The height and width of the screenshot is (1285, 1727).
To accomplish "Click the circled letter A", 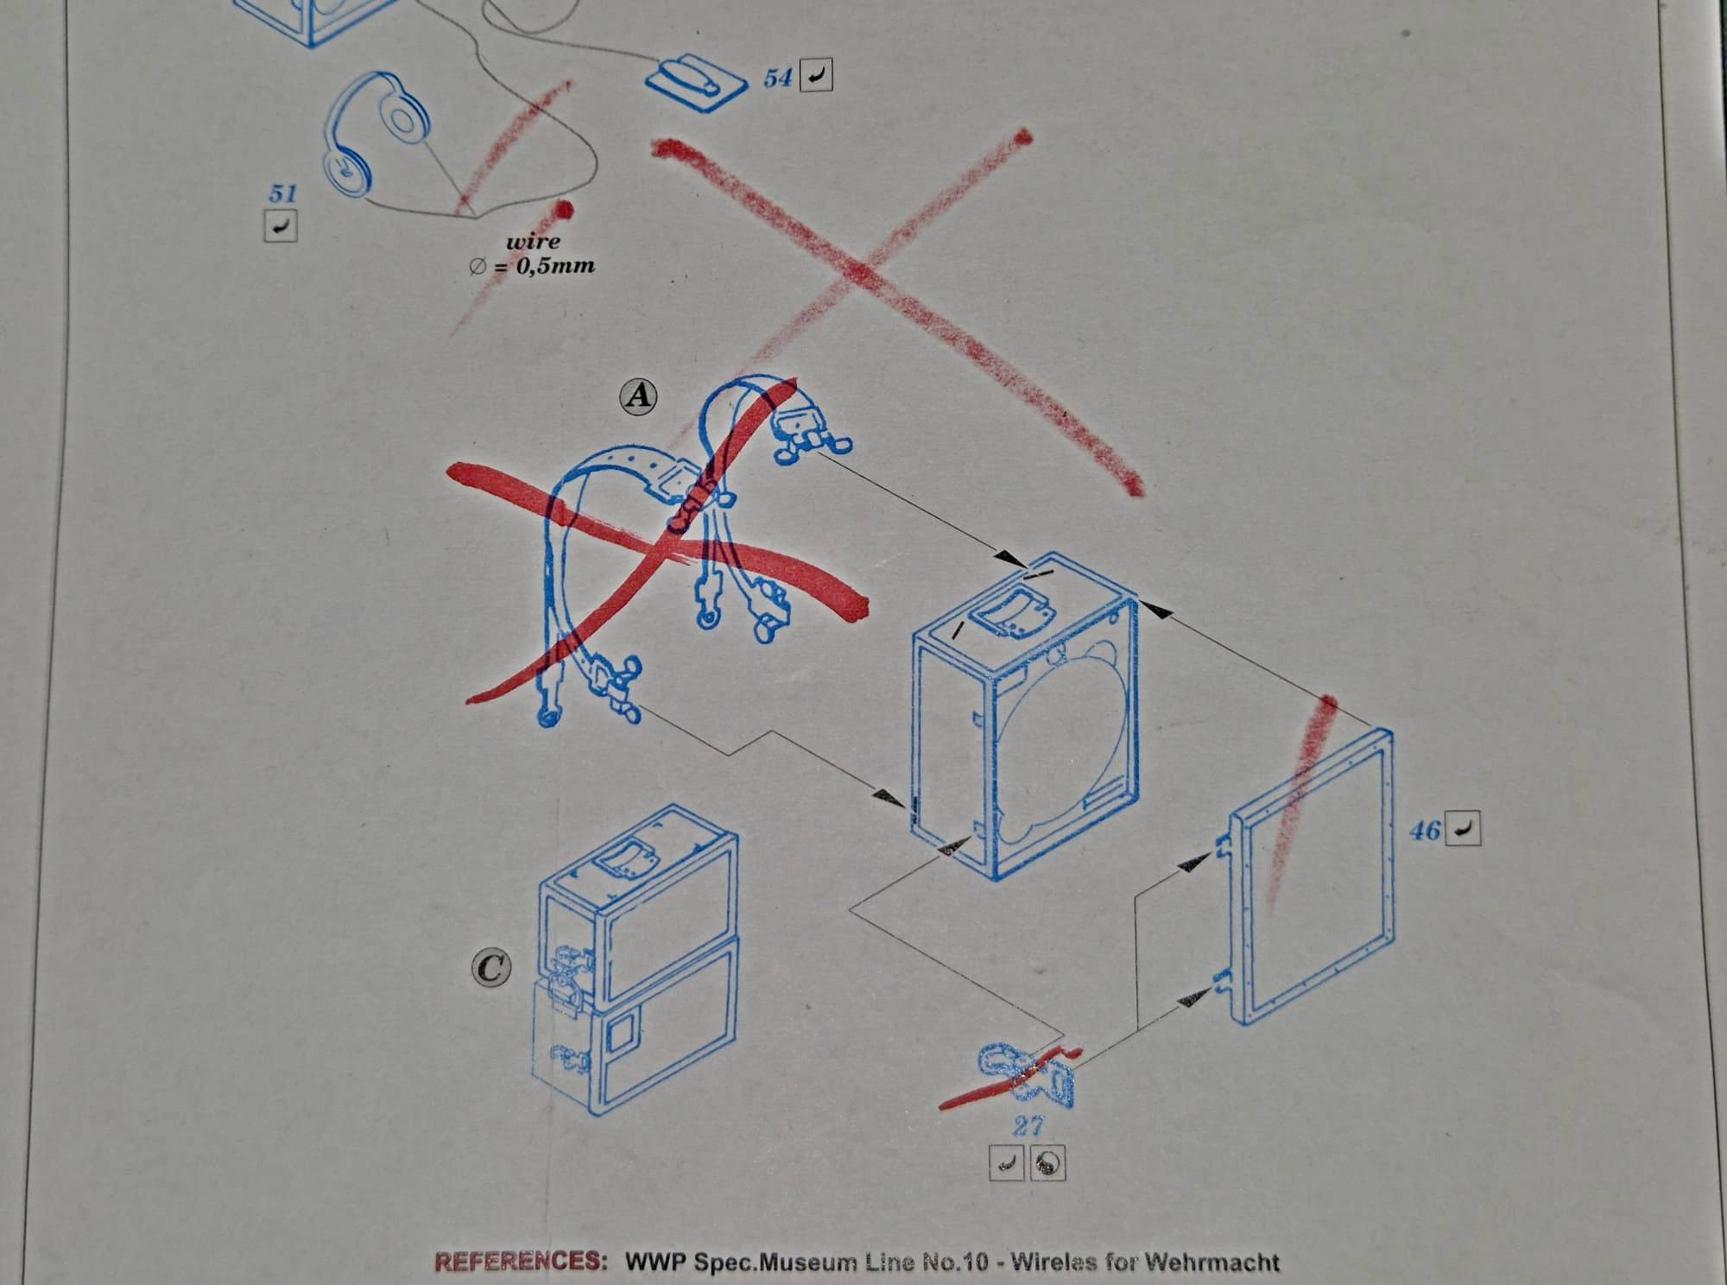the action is tap(639, 396).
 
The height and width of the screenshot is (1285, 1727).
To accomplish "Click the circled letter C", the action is tap(491, 968).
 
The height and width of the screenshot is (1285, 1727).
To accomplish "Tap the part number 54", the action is tap(777, 79).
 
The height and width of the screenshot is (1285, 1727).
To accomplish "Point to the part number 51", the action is tap(282, 193).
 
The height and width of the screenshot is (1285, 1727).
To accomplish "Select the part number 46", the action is tap(1426, 830).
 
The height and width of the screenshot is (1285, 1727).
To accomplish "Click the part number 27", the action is tap(1028, 1125).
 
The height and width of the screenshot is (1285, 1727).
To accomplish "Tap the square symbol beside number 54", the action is tap(817, 77).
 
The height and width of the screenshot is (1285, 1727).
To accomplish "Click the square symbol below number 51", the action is tap(281, 225).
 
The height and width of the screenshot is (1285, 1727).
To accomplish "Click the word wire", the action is tap(533, 242).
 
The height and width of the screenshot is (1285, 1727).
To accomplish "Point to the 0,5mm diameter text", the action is tap(532, 265).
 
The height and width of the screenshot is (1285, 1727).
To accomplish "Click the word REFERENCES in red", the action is tap(521, 1261).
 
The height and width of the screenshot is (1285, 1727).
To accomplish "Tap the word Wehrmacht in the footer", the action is tap(1212, 1262).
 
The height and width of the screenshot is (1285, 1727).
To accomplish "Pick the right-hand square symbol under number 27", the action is tap(1047, 1164).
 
